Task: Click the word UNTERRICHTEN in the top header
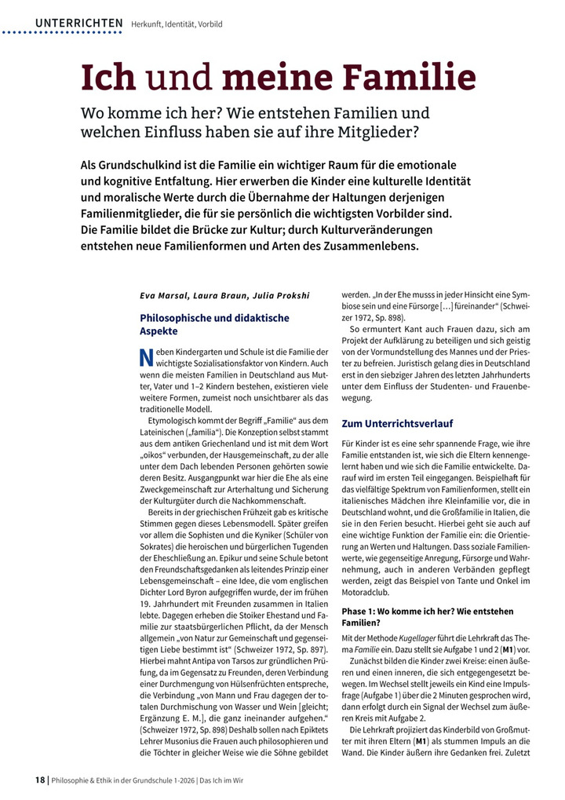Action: pos(78,24)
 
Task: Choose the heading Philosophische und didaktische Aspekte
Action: pos(214,324)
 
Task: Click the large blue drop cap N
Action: pos(145,358)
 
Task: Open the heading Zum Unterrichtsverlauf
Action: pos(397,423)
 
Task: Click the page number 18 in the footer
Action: pos(40,780)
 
